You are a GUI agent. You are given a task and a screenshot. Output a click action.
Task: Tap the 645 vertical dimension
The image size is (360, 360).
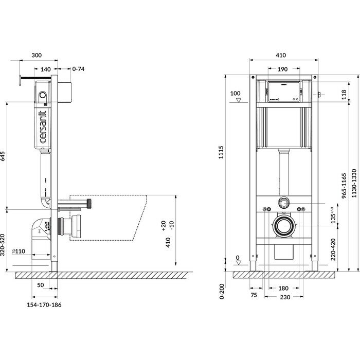coord(4,156)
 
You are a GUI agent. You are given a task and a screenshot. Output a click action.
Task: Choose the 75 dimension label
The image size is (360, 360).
coord(254,296)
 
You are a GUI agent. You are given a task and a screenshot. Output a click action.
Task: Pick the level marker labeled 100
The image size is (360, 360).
coord(236,94)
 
